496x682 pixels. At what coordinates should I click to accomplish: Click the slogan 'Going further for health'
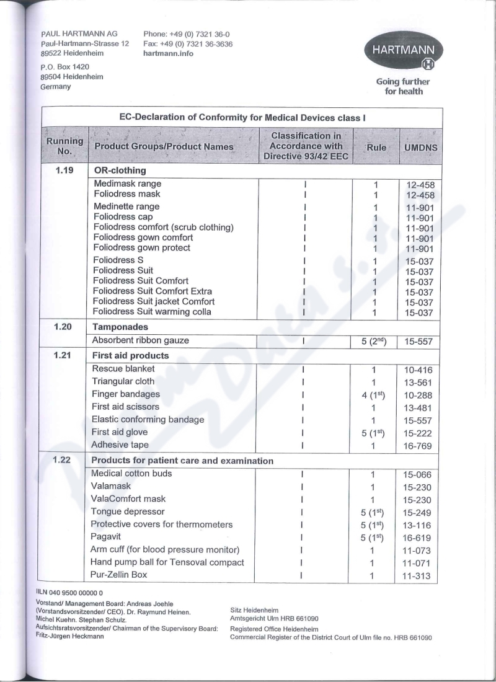(x=403, y=86)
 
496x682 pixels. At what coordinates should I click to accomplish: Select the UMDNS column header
(x=420, y=147)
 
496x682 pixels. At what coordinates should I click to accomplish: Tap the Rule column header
(x=376, y=147)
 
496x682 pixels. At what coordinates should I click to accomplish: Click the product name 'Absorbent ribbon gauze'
(x=141, y=340)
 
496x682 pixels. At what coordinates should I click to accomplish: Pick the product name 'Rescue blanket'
(x=123, y=368)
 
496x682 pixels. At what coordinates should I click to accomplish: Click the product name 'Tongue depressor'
(x=128, y=511)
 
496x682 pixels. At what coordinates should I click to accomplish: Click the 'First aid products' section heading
(x=130, y=356)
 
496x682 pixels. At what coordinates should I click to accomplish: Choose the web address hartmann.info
(x=168, y=53)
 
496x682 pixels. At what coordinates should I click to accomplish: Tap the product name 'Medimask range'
(x=127, y=184)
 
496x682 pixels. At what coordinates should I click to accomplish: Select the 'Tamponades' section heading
(x=120, y=326)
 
